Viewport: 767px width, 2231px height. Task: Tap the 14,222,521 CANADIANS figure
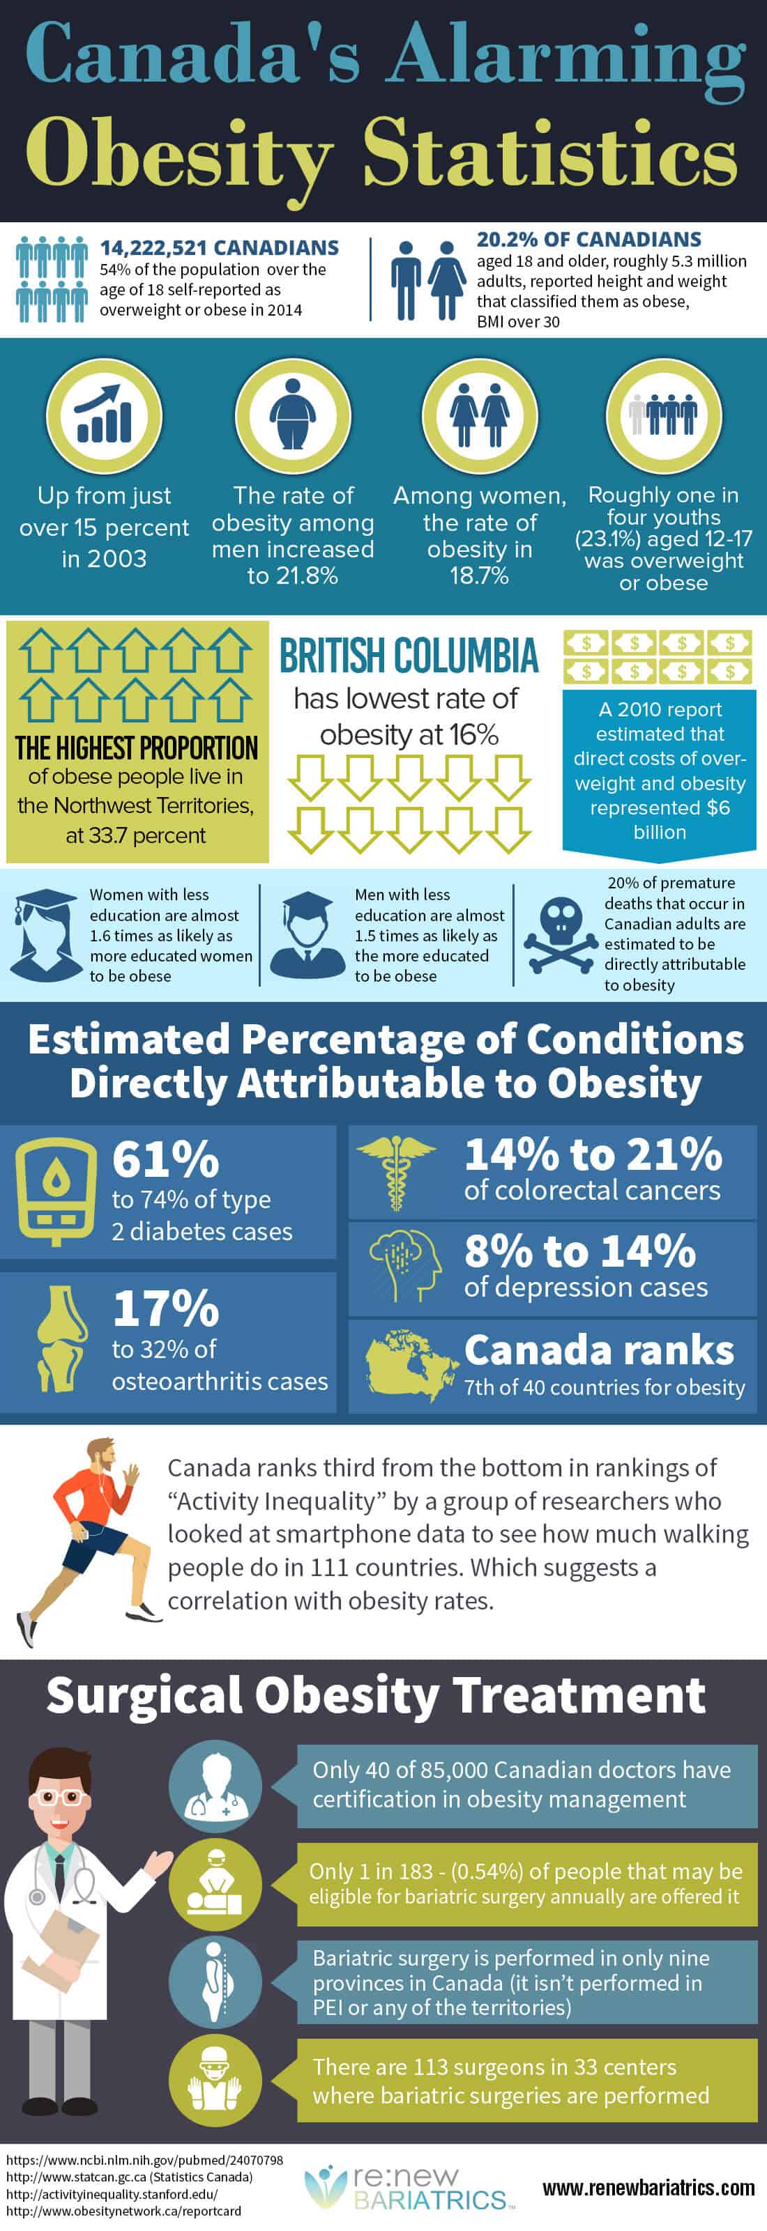[x=219, y=248]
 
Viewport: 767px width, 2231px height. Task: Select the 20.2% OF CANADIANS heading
[x=588, y=239]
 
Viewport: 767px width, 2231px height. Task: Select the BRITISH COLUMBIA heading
[x=408, y=656]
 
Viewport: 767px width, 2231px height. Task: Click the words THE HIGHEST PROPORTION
[x=137, y=748]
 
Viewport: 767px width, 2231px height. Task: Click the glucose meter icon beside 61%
[x=56, y=1190]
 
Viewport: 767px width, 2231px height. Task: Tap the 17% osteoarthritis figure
[x=165, y=1309]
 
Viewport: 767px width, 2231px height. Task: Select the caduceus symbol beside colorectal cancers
[x=396, y=1172]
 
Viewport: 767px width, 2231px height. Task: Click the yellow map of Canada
[x=410, y=1366]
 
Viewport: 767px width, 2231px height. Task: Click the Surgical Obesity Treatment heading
[x=376, y=1696]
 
